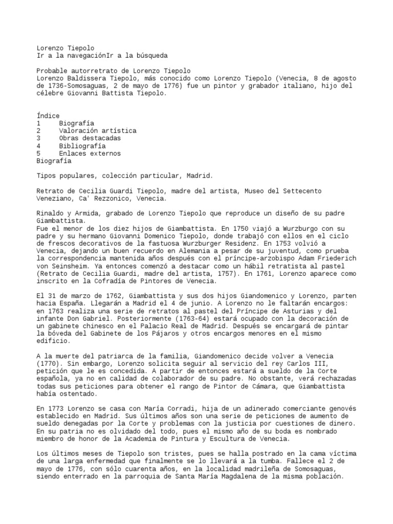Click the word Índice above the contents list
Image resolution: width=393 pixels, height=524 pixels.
coord(48,116)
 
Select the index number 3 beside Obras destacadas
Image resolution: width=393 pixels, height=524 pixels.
coord(39,138)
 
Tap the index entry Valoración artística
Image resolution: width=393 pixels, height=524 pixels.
coord(98,130)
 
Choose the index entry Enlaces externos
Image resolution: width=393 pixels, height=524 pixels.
coord(90,153)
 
